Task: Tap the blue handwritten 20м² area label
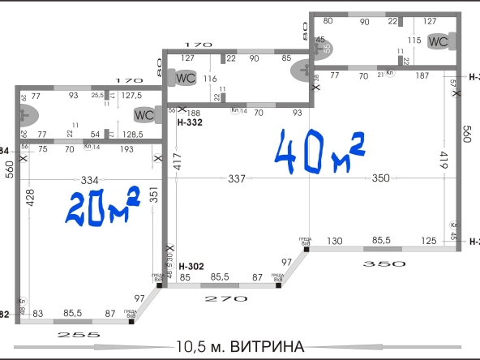[104, 207]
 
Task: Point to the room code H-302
[191, 267]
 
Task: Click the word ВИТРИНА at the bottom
[267, 347]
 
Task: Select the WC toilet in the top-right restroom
[439, 41]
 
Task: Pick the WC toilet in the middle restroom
[186, 79]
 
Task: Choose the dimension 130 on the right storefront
[335, 241]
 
